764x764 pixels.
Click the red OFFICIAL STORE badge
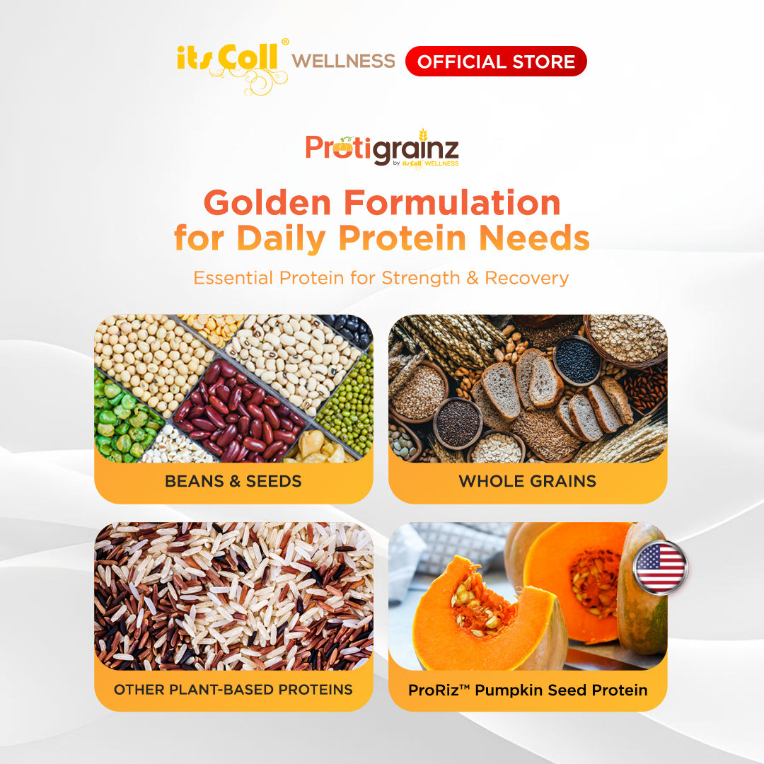point(496,62)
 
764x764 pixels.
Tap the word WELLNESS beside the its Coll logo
point(344,61)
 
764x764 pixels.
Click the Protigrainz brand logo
point(382,148)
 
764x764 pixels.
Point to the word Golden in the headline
point(267,202)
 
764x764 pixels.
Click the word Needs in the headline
point(535,238)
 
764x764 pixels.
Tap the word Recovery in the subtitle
point(527,278)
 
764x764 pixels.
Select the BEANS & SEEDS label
point(233,481)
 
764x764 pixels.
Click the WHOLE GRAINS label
point(528,481)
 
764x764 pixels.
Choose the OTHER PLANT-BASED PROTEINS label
point(233,690)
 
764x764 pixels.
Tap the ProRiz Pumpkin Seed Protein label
point(528,690)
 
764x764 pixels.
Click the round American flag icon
point(660,567)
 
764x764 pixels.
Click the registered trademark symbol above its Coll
point(285,42)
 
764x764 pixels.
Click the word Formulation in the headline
point(452,202)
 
